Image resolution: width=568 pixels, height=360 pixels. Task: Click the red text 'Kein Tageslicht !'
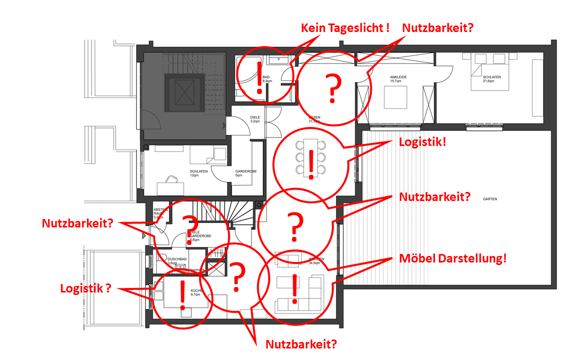click(345, 28)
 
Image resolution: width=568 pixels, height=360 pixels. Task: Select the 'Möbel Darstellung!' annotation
click(453, 259)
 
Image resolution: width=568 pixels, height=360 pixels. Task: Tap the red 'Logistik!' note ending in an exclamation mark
click(422, 142)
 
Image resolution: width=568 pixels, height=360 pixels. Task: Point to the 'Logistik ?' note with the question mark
click(85, 288)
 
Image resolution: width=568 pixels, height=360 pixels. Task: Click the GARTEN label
click(490, 199)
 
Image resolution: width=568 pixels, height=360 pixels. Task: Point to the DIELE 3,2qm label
click(255, 119)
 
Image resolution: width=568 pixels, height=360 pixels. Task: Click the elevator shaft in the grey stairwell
click(184, 93)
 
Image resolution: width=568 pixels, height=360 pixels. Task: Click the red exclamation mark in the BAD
click(259, 78)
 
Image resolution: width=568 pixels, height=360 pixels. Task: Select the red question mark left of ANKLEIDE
click(331, 88)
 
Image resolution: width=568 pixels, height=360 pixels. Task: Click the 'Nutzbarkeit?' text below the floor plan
click(301, 344)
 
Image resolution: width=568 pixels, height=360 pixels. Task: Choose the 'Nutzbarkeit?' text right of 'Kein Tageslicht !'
click(438, 28)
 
